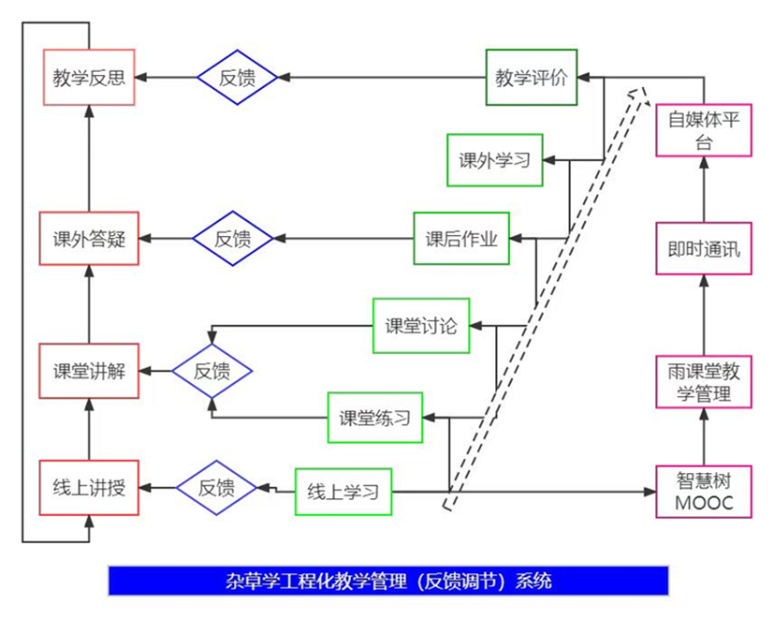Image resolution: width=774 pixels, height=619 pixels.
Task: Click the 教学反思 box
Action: click(x=90, y=77)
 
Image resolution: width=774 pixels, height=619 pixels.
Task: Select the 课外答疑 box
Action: click(x=89, y=238)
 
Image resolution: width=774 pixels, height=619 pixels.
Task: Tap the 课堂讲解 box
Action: click(x=89, y=371)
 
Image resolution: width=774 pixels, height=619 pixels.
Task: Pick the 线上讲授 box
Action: click(x=89, y=488)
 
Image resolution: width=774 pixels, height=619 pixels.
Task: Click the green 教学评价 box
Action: click(x=532, y=77)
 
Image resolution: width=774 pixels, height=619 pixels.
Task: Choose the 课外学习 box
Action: click(x=494, y=160)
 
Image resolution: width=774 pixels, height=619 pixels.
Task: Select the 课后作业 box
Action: click(x=461, y=238)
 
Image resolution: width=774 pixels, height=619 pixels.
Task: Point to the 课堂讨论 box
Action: click(x=420, y=326)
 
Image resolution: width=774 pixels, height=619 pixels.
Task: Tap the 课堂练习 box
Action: click(x=374, y=418)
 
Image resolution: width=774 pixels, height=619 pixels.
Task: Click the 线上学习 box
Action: click(x=343, y=490)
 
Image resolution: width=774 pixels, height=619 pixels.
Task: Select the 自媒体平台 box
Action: click(x=704, y=129)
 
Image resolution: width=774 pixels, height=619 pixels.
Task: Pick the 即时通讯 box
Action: click(x=704, y=248)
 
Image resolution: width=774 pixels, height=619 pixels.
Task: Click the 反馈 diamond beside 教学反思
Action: click(x=238, y=77)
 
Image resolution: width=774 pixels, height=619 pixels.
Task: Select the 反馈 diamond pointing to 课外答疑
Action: click(x=233, y=238)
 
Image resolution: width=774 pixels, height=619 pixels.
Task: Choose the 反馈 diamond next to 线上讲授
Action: click(x=216, y=487)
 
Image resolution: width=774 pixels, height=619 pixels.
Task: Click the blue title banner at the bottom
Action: click(x=388, y=581)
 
